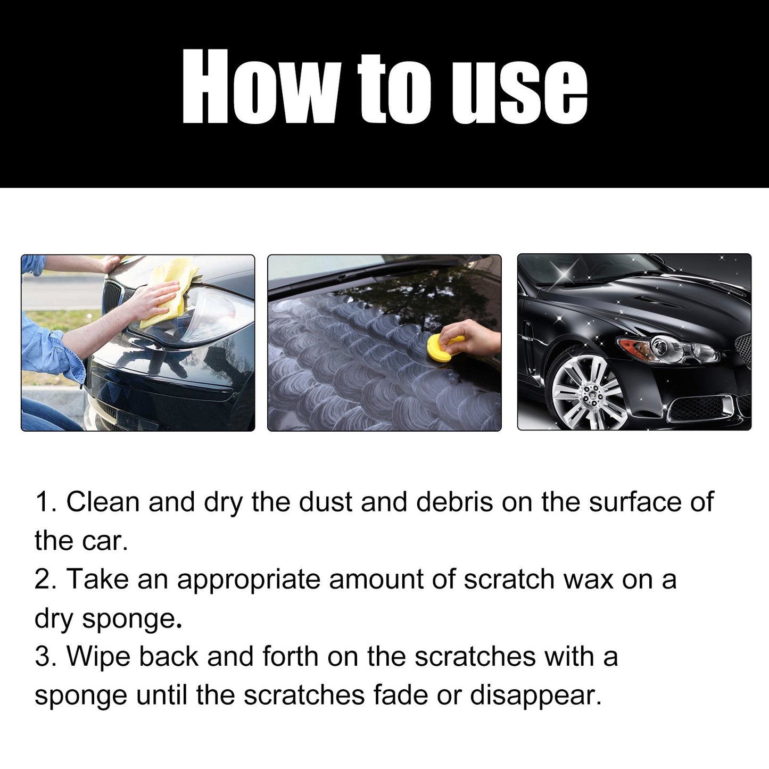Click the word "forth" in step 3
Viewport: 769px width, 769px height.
pyautogui.click(x=290, y=656)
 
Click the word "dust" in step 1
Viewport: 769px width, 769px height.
pyautogui.click(x=325, y=502)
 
